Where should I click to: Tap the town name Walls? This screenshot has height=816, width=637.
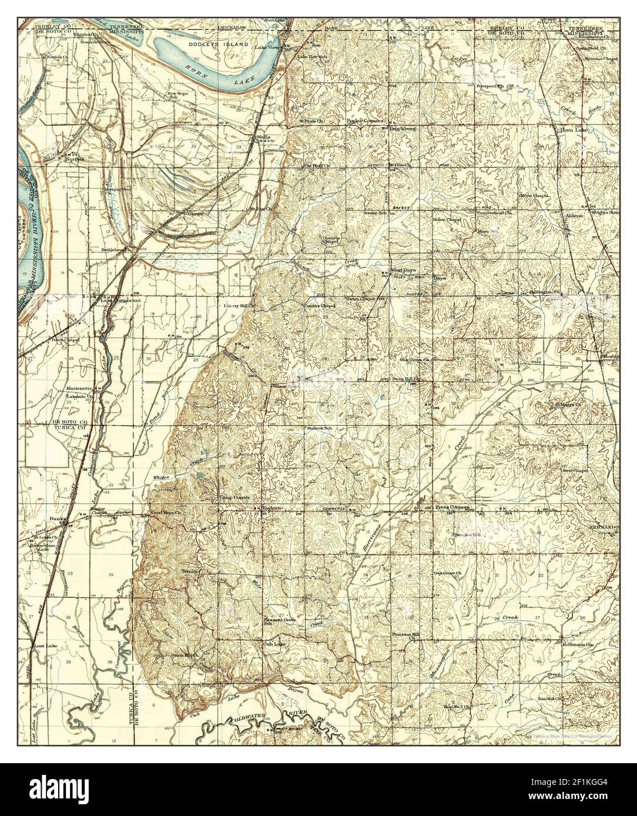(x=261, y=138)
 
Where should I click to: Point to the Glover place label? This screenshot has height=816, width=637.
(x=196, y=214)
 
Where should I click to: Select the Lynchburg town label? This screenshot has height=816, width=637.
(x=402, y=126)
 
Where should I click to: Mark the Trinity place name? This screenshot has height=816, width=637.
(x=191, y=571)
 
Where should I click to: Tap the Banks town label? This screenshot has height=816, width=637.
(x=56, y=519)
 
